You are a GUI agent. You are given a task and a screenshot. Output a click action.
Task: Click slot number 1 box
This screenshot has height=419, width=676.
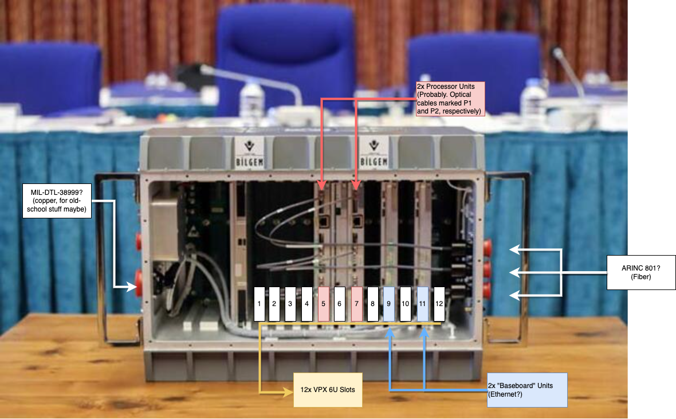tap(260, 304)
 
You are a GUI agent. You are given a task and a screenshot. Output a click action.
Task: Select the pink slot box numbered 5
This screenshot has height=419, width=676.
tap(324, 304)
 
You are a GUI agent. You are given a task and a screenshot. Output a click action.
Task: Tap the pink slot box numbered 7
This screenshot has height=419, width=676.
tap(356, 304)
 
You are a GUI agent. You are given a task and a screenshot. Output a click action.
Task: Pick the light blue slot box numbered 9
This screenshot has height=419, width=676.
tap(389, 304)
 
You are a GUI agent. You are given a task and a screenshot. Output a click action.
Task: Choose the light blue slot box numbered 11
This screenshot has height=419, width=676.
tap(422, 304)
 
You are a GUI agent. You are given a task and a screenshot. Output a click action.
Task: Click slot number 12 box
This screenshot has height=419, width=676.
tap(439, 304)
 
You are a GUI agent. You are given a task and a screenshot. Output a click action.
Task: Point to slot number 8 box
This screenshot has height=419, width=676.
tap(372, 304)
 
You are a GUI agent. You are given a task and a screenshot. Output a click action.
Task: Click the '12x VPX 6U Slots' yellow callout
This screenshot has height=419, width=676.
tap(328, 390)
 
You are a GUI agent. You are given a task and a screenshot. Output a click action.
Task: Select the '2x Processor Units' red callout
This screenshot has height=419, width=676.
tap(450, 99)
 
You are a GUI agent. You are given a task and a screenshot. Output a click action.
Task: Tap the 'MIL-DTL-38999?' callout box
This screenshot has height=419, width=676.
tap(56, 201)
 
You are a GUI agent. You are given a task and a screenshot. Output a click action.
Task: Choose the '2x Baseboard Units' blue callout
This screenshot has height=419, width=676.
tap(526, 390)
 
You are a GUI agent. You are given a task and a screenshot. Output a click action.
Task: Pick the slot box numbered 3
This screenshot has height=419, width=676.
tap(290, 304)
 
